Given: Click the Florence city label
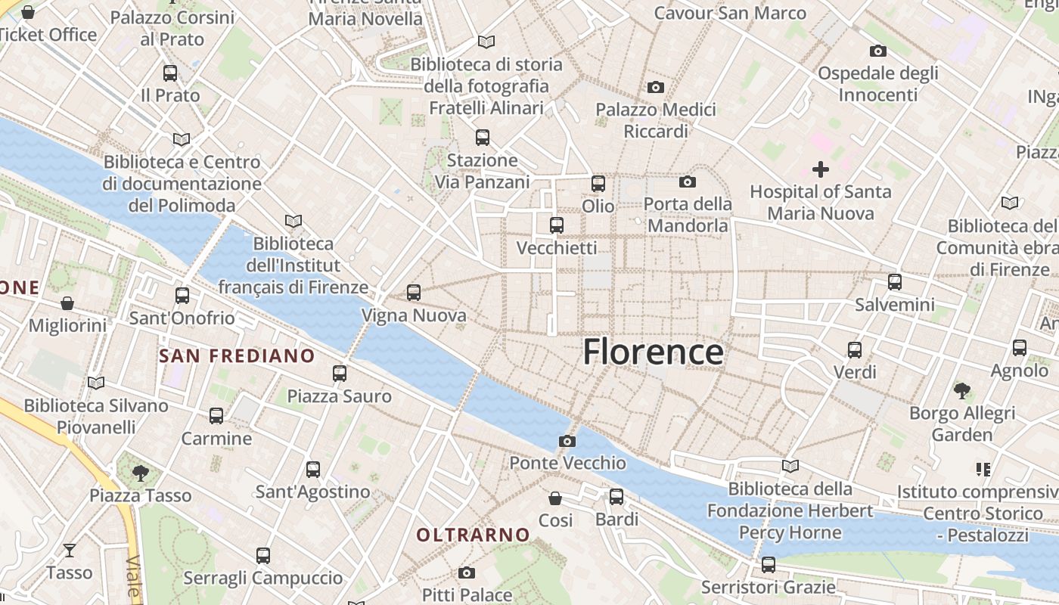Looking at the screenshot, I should [x=653, y=352].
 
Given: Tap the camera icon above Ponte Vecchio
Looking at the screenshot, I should [x=567, y=441].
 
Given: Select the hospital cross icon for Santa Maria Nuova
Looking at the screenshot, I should [x=820, y=169].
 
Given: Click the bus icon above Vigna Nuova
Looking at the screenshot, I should [x=413, y=293].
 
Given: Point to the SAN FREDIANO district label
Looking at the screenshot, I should [x=237, y=355].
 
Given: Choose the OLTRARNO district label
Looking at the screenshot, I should [x=473, y=535].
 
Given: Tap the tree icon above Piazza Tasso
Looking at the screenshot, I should [x=140, y=473].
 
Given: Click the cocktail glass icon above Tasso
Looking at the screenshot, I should [x=70, y=550].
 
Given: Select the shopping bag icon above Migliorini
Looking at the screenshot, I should [x=67, y=303].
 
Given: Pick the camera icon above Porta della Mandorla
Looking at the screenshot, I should [x=687, y=181].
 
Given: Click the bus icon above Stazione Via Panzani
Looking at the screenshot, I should [x=482, y=138].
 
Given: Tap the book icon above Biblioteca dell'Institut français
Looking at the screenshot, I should [x=293, y=221].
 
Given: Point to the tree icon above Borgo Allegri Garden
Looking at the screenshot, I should [x=961, y=391].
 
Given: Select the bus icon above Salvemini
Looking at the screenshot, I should [x=895, y=282].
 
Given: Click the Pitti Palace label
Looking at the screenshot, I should [x=467, y=594].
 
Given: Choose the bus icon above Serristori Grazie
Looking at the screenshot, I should [x=769, y=564].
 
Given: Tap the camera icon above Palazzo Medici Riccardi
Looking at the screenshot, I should [x=656, y=88].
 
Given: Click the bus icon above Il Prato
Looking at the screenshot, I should [x=170, y=73].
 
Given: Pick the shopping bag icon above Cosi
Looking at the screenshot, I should [x=555, y=498].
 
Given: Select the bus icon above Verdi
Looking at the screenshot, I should [x=855, y=349].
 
